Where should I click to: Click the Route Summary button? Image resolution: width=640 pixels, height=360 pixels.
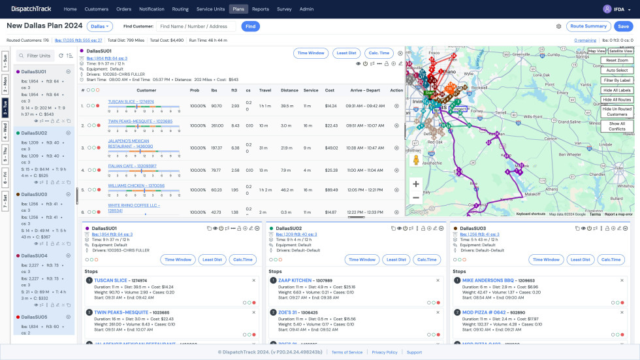pyautogui.click(x=588, y=26)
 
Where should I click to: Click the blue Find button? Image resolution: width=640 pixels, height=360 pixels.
pyautogui.click(x=250, y=26)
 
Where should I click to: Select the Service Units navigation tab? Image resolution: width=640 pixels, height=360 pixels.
pyautogui.click(x=210, y=9)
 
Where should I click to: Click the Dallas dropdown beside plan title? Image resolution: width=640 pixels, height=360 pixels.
pyautogui.click(x=100, y=26)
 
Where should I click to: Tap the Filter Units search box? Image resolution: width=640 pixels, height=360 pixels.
pyautogui.click(x=40, y=56)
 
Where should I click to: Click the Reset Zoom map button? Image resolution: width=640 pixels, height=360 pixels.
pyautogui.click(x=617, y=60)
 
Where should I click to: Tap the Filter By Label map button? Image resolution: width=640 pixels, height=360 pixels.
pyautogui.click(x=617, y=80)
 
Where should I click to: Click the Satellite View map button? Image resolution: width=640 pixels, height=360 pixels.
pyautogui.click(x=620, y=50)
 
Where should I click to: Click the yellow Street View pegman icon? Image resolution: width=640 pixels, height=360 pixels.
pyautogui.click(x=415, y=160)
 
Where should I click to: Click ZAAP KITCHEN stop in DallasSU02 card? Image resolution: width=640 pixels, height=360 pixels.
pyautogui.click(x=295, y=280)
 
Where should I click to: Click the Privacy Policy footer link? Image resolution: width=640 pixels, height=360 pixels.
pyautogui.click(x=385, y=352)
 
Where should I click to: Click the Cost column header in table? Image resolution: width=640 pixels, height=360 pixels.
pyautogui.click(x=330, y=90)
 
